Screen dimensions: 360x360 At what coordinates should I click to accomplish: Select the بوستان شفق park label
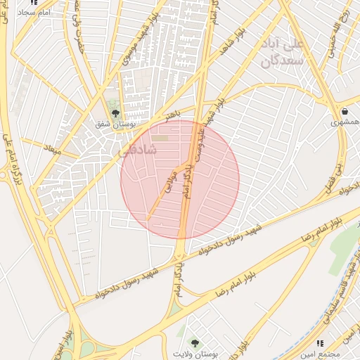(113, 124)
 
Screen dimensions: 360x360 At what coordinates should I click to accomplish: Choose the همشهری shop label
(345, 122)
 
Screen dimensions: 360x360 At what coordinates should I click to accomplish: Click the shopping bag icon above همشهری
(345, 111)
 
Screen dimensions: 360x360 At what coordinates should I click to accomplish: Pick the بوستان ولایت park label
(196, 354)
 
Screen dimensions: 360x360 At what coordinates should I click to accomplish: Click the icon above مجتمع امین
(321, 343)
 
